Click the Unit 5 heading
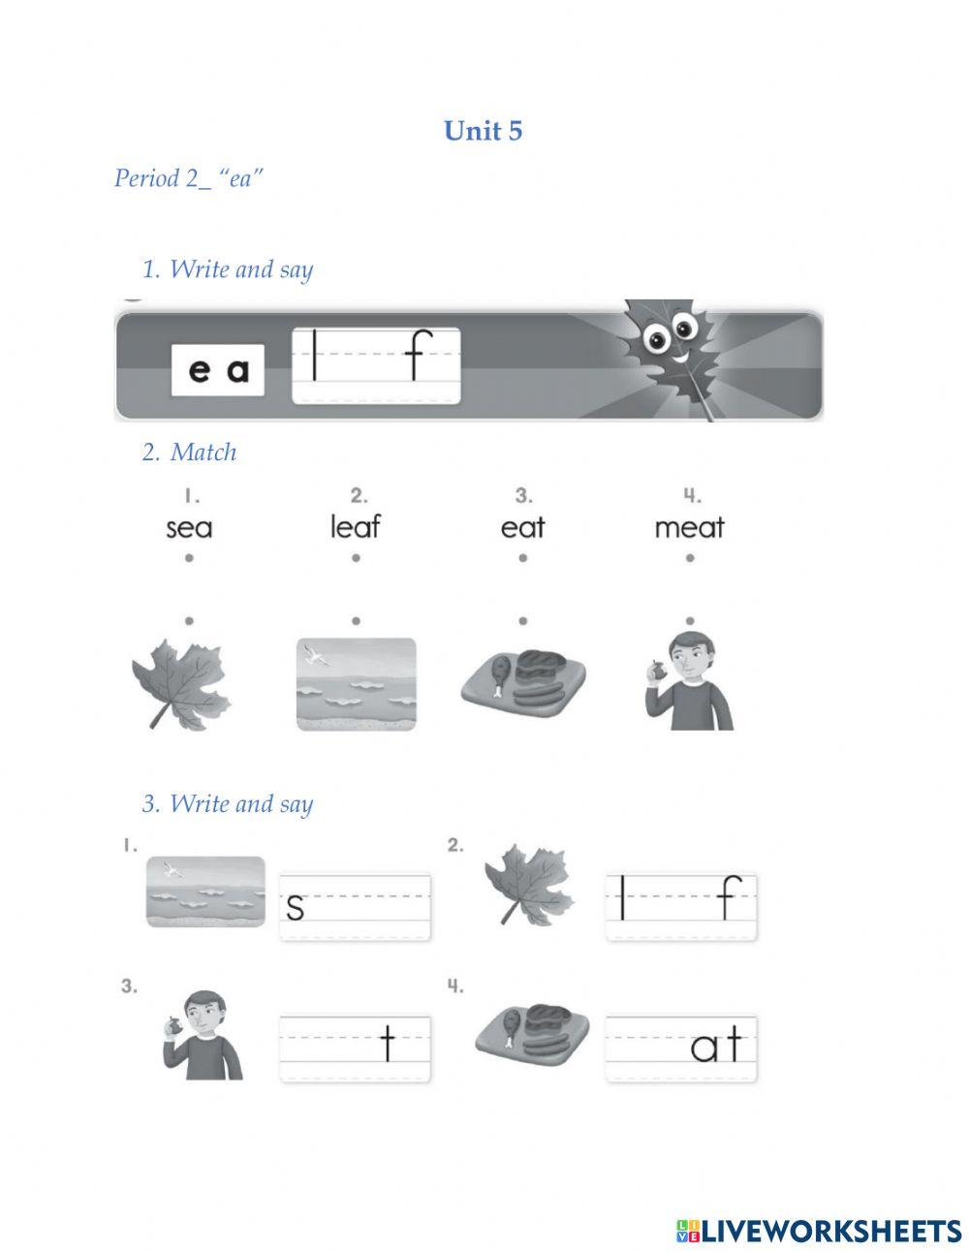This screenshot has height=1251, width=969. (483, 131)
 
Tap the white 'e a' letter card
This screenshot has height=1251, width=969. (217, 369)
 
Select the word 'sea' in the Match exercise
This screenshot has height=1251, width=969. (189, 528)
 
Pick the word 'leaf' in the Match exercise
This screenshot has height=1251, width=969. (355, 526)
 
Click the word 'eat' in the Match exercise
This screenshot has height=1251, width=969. (522, 527)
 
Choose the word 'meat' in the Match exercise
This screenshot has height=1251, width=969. (689, 527)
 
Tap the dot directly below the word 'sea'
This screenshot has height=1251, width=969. (189, 558)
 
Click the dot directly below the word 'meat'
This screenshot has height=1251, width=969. (690, 558)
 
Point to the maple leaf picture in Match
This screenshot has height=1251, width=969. (180, 683)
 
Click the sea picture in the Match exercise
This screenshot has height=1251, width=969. (357, 684)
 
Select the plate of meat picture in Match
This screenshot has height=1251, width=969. (523, 683)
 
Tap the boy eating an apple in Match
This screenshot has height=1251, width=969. (689, 681)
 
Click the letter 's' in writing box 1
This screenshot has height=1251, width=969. (295, 907)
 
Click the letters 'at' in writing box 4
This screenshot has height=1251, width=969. (716, 1044)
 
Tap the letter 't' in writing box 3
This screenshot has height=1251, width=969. (389, 1043)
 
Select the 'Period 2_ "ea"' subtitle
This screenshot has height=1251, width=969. (189, 178)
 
